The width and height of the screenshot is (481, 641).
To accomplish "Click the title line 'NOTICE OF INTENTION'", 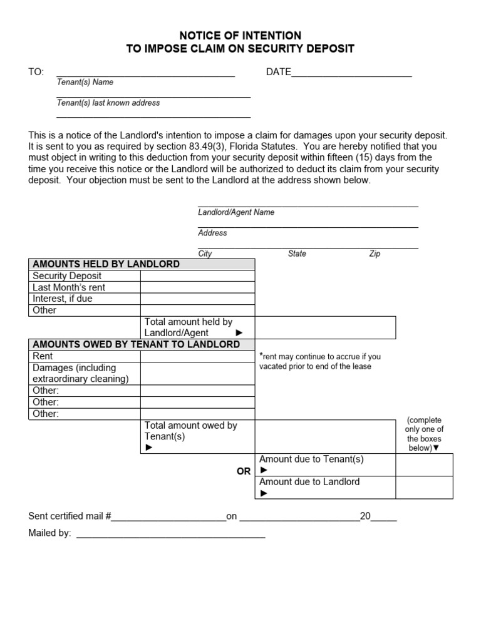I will [x=240, y=36].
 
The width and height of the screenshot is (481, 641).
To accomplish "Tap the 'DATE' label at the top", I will [x=279, y=72].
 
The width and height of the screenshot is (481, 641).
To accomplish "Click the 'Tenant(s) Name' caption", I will [x=85, y=82].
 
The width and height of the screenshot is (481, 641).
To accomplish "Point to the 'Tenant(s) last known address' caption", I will [x=108, y=103].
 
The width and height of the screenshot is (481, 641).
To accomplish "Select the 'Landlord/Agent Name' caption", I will [x=236, y=212].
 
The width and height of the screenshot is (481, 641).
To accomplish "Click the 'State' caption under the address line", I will [x=297, y=254].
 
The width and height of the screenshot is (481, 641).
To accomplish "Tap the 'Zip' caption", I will [x=375, y=254].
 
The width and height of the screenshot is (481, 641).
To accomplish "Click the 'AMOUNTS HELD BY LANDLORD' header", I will [x=106, y=264].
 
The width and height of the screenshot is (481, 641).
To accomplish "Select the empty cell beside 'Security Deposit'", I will [x=197, y=276].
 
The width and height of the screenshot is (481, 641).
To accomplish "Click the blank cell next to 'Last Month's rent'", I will [x=197, y=287].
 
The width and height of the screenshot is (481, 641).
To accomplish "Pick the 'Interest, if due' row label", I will [x=63, y=299].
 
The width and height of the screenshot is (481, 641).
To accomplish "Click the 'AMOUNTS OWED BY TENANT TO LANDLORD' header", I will [x=136, y=344].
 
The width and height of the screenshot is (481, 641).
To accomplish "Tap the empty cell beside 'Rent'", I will [x=197, y=356].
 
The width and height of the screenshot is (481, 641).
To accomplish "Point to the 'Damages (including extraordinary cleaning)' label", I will [x=80, y=373].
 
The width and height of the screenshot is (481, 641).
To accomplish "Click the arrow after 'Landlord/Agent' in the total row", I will [x=239, y=333].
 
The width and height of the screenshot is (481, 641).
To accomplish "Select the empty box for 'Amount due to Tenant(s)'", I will [x=424, y=465].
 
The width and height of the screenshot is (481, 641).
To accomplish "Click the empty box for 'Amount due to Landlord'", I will [x=424, y=488].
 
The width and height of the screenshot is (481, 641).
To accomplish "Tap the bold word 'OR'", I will [x=244, y=471].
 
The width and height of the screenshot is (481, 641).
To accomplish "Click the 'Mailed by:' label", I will [x=49, y=533].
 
